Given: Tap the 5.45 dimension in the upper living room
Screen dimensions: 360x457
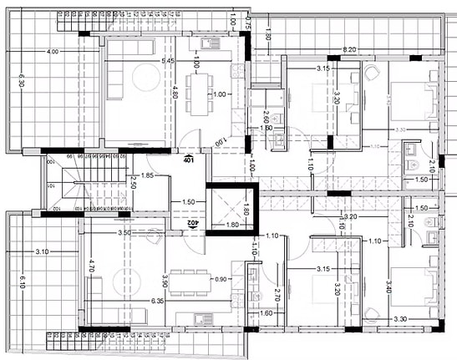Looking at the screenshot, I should click(x=167, y=61).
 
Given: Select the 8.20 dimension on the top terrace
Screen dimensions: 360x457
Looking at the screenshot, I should click(x=350, y=51).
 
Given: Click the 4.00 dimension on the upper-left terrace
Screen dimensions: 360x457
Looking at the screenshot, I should click(x=53, y=52).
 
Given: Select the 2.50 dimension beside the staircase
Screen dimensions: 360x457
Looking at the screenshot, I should click(x=135, y=183).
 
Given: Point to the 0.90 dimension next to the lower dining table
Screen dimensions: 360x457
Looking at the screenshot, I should click(x=220, y=279).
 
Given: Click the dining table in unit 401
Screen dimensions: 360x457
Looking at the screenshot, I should click(x=198, y=94).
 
